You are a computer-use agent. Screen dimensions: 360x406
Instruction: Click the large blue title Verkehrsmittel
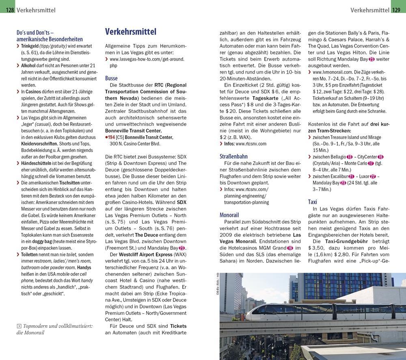(130, 32)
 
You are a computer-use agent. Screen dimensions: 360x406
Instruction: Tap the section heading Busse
(111, 78)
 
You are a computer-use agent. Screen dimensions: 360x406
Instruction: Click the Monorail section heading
(229, 215)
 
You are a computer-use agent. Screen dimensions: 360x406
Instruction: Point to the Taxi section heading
(313, 202)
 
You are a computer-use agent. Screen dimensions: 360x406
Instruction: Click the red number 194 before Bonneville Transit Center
(110, 137)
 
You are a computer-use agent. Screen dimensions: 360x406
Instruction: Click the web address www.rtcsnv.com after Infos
(251, 144)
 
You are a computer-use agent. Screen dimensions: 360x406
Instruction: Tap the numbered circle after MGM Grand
(289, 248)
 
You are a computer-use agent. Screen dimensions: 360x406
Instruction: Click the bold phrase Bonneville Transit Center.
(133, 131)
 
